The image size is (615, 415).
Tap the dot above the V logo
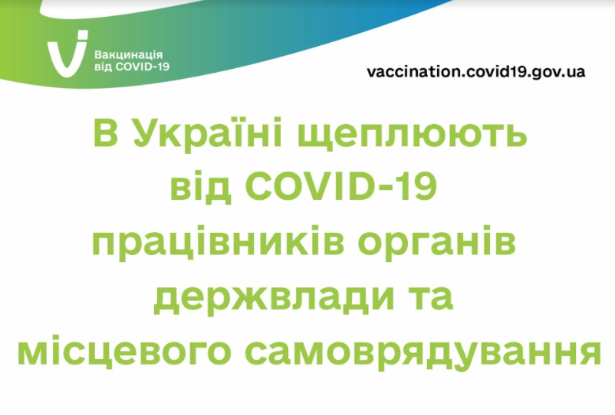[x=83, y=35]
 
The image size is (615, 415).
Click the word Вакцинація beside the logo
[x=128, y=55]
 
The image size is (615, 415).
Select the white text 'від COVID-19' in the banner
[x=132, y=67]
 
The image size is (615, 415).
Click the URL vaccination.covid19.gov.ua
[x=475, y=72]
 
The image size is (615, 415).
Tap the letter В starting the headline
[x=106, y=133]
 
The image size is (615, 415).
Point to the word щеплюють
[x=412, y=136]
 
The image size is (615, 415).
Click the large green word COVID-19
[x=341, y=187]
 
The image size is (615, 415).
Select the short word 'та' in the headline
[x=431, y=299]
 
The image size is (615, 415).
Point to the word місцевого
[x=123, y=351]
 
